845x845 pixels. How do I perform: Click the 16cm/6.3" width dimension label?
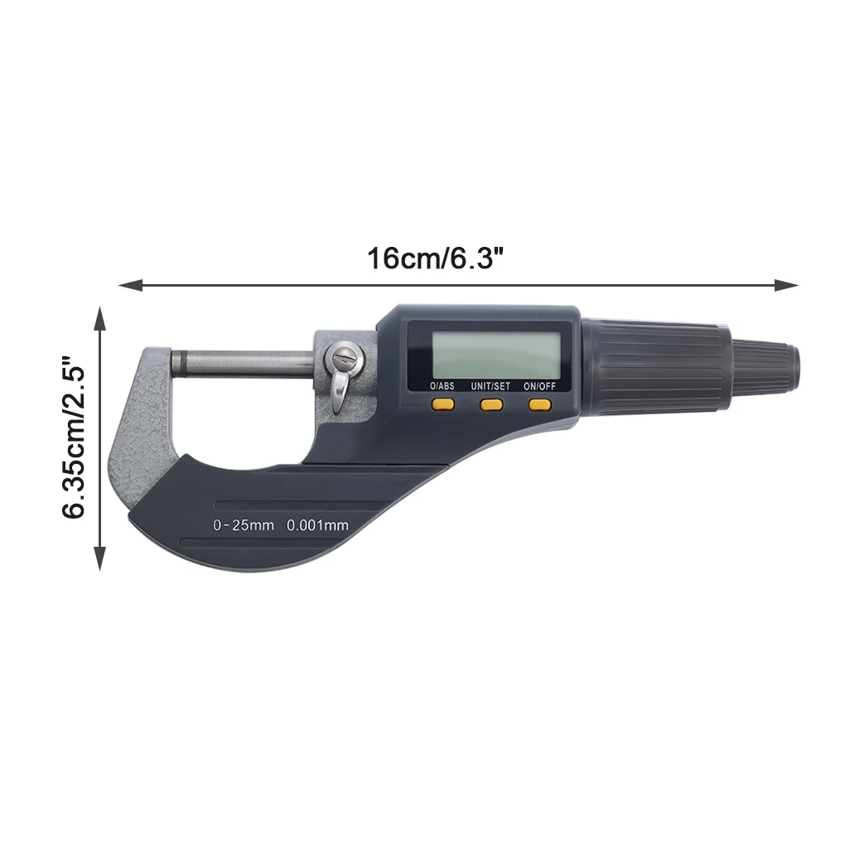[x=436, y=258]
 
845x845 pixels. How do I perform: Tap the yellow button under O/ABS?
[x=442, y=404]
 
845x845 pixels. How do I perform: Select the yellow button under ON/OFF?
[x=540, y=404]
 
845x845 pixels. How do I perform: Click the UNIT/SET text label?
[x=490, y=386]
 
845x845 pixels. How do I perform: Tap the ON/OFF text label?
[x=539, y=386]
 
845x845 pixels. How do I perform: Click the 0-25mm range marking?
[x=243, y=525]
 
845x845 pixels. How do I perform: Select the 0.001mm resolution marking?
[x=317, y=525]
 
